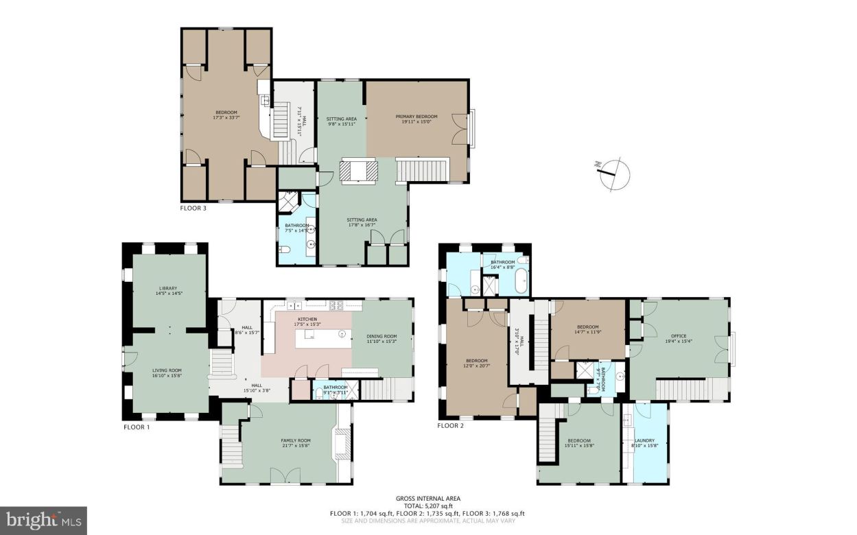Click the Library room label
point(168,291)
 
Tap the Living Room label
point(168,372)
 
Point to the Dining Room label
point(381,338)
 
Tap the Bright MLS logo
point(43,521)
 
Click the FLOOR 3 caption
point(193,207)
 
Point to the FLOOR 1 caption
point(136,427)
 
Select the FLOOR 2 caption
point(451,426)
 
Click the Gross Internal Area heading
point(428,499)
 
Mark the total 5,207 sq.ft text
point(428,506)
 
